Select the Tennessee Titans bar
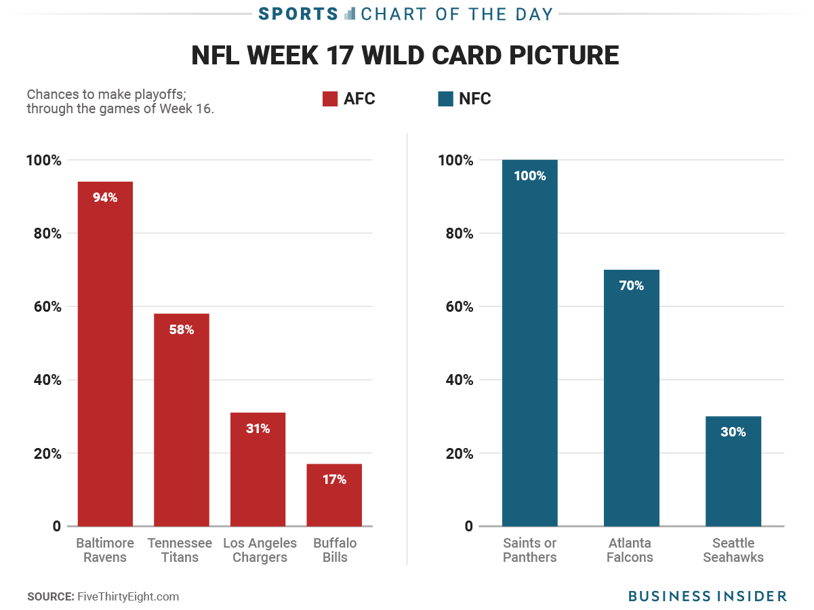182,420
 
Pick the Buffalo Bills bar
334,495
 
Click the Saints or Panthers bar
530,343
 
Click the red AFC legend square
330,99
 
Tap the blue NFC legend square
445,99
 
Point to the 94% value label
105,198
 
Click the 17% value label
334,480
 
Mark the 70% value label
632,286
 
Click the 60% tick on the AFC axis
44,307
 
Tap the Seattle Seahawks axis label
733,550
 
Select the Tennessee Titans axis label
180,550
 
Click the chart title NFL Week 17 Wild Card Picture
405,56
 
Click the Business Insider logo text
708,596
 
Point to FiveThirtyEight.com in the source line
128,596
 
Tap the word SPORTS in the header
298,14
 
